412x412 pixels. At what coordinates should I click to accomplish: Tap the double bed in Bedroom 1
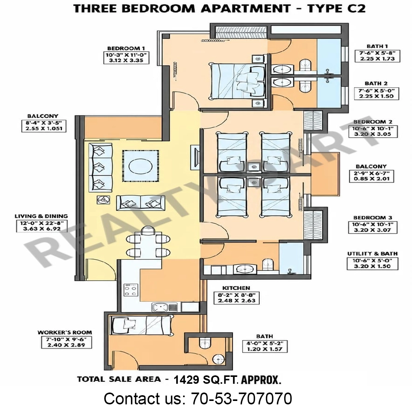pos(238,81)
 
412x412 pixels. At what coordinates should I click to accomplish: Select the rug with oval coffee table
pos(140,166)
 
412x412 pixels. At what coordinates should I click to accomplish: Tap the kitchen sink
pos(164,307)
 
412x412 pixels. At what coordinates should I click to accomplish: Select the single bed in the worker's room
pos(140,325)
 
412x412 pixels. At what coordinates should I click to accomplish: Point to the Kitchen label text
pos(236,288)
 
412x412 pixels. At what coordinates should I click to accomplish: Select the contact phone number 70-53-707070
pos(241,398)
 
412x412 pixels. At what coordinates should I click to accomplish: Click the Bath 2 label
pos(376,84)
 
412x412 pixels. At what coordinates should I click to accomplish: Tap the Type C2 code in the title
pos(336,9)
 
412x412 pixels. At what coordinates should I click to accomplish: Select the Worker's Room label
pos(64,332)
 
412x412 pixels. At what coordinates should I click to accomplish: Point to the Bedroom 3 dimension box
pos(373,227)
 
